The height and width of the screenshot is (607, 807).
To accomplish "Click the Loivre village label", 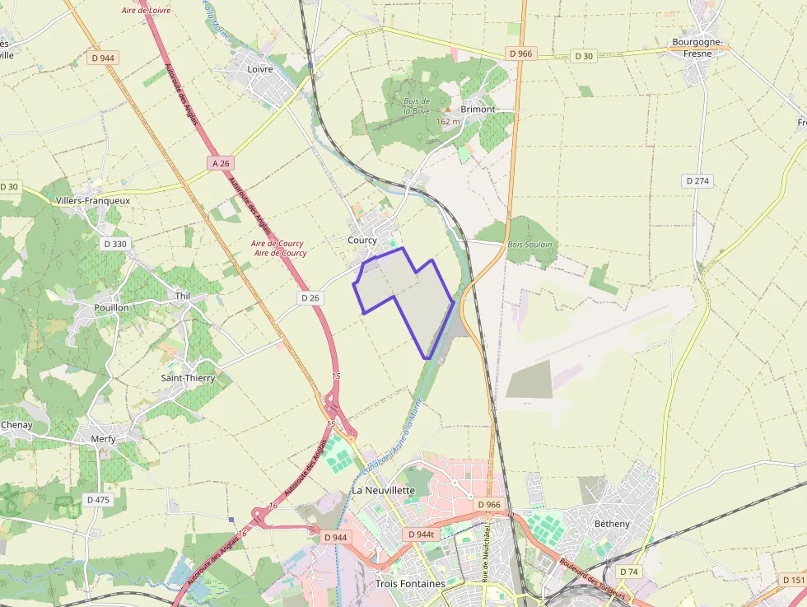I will [x=260, y=69].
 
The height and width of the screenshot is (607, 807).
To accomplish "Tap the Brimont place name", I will [x=478, y=109].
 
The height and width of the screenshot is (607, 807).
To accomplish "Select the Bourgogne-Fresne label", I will [x=697, y=48].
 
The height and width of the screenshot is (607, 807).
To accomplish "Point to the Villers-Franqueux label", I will [x=92, y=200].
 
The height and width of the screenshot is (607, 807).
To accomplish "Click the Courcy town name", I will [x=362, y=240].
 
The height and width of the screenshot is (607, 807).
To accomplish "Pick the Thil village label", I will [x=183, y=296].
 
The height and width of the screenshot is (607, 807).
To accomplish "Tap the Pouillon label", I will [x=111, y=307].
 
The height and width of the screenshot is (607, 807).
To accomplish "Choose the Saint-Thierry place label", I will [x=188, y=378].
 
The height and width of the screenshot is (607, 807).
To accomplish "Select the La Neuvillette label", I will [x=384, y=490].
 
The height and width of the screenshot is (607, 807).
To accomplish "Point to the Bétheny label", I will [x=612, y=523].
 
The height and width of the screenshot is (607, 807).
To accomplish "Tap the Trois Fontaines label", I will [x=410, y=584].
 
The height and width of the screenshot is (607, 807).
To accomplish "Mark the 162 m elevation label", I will [x=448, y=121].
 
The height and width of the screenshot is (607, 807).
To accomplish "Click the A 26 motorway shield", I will [x=220, y=163].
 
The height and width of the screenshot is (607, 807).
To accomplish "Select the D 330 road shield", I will [x=115, y=244].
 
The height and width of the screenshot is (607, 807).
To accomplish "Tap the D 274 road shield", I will [x=697, y=180].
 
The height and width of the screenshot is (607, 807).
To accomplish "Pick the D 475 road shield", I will [x=98, y=499].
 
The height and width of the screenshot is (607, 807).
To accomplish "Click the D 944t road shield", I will [x=421, y=535].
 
